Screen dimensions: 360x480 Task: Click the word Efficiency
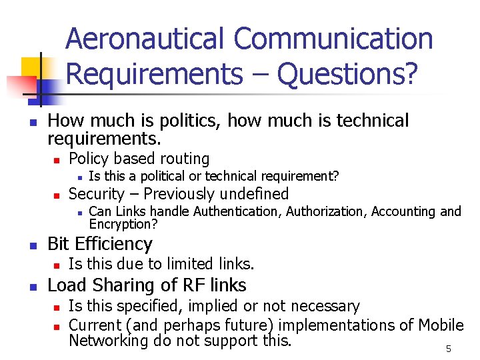click(114, 244)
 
